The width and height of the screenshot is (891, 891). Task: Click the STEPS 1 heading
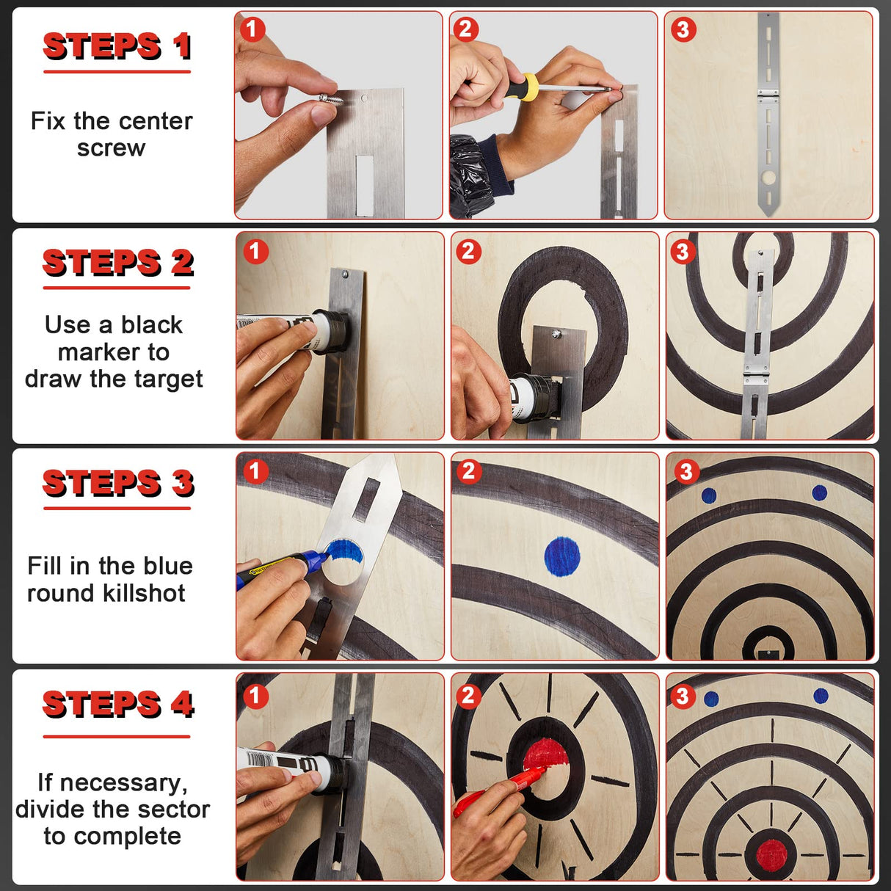(117, 47)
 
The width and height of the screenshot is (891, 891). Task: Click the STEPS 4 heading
(117, 705)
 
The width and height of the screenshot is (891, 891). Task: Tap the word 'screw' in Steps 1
(112, 148)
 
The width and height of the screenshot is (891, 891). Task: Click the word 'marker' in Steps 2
(113, 352)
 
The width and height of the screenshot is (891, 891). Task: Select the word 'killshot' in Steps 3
(144, 593)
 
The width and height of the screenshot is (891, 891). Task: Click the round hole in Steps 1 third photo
(768, 178)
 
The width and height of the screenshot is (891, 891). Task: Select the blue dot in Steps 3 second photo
(562, 555)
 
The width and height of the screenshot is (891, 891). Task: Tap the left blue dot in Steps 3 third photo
(709, 495)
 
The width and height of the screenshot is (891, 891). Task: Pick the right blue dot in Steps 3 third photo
(820, 493)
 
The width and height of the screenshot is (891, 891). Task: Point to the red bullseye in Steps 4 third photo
(771, 853)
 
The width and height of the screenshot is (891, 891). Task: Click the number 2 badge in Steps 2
(468, 252)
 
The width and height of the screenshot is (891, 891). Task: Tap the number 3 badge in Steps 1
(683, 29)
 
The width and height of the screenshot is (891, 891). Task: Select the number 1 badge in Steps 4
(255, 696)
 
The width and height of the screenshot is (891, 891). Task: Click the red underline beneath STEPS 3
(117, 507)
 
